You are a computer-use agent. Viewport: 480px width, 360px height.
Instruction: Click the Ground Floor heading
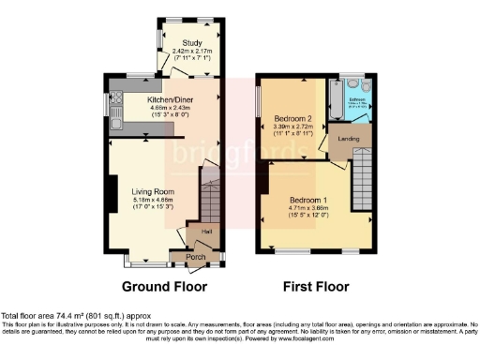point(165,286)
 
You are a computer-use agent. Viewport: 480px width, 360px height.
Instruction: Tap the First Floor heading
point(316,286)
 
